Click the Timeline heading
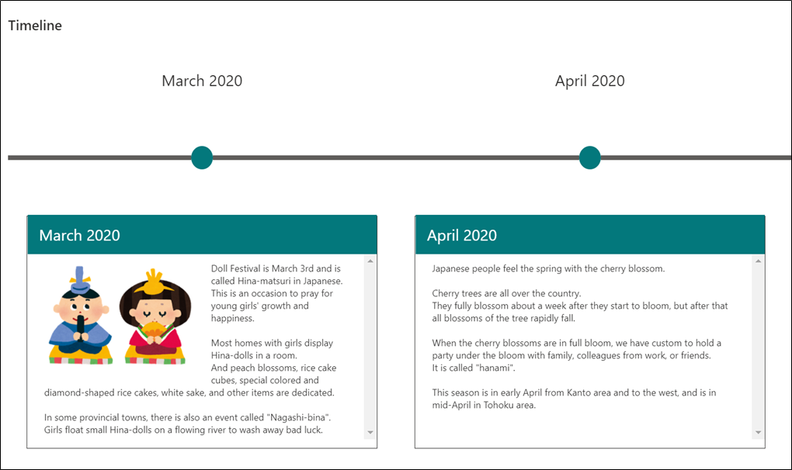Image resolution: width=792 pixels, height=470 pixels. click(35, 26)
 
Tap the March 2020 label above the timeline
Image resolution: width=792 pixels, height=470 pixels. click(202, 81)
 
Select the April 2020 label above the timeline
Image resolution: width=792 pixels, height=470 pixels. click(590, 81)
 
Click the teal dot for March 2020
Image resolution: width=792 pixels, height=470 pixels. click(202, 158)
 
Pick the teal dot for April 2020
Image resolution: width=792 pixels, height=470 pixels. click(590, 158)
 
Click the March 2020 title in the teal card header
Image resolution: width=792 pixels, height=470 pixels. click(80, 236)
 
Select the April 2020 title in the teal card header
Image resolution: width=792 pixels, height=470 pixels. click(462, 236)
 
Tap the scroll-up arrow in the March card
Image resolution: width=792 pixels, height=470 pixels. click(370, 261)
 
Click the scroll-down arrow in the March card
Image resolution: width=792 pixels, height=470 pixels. click(370, 432)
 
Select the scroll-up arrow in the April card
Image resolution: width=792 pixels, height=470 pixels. click(758, 261)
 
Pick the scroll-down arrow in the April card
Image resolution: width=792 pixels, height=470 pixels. click(758, 432)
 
